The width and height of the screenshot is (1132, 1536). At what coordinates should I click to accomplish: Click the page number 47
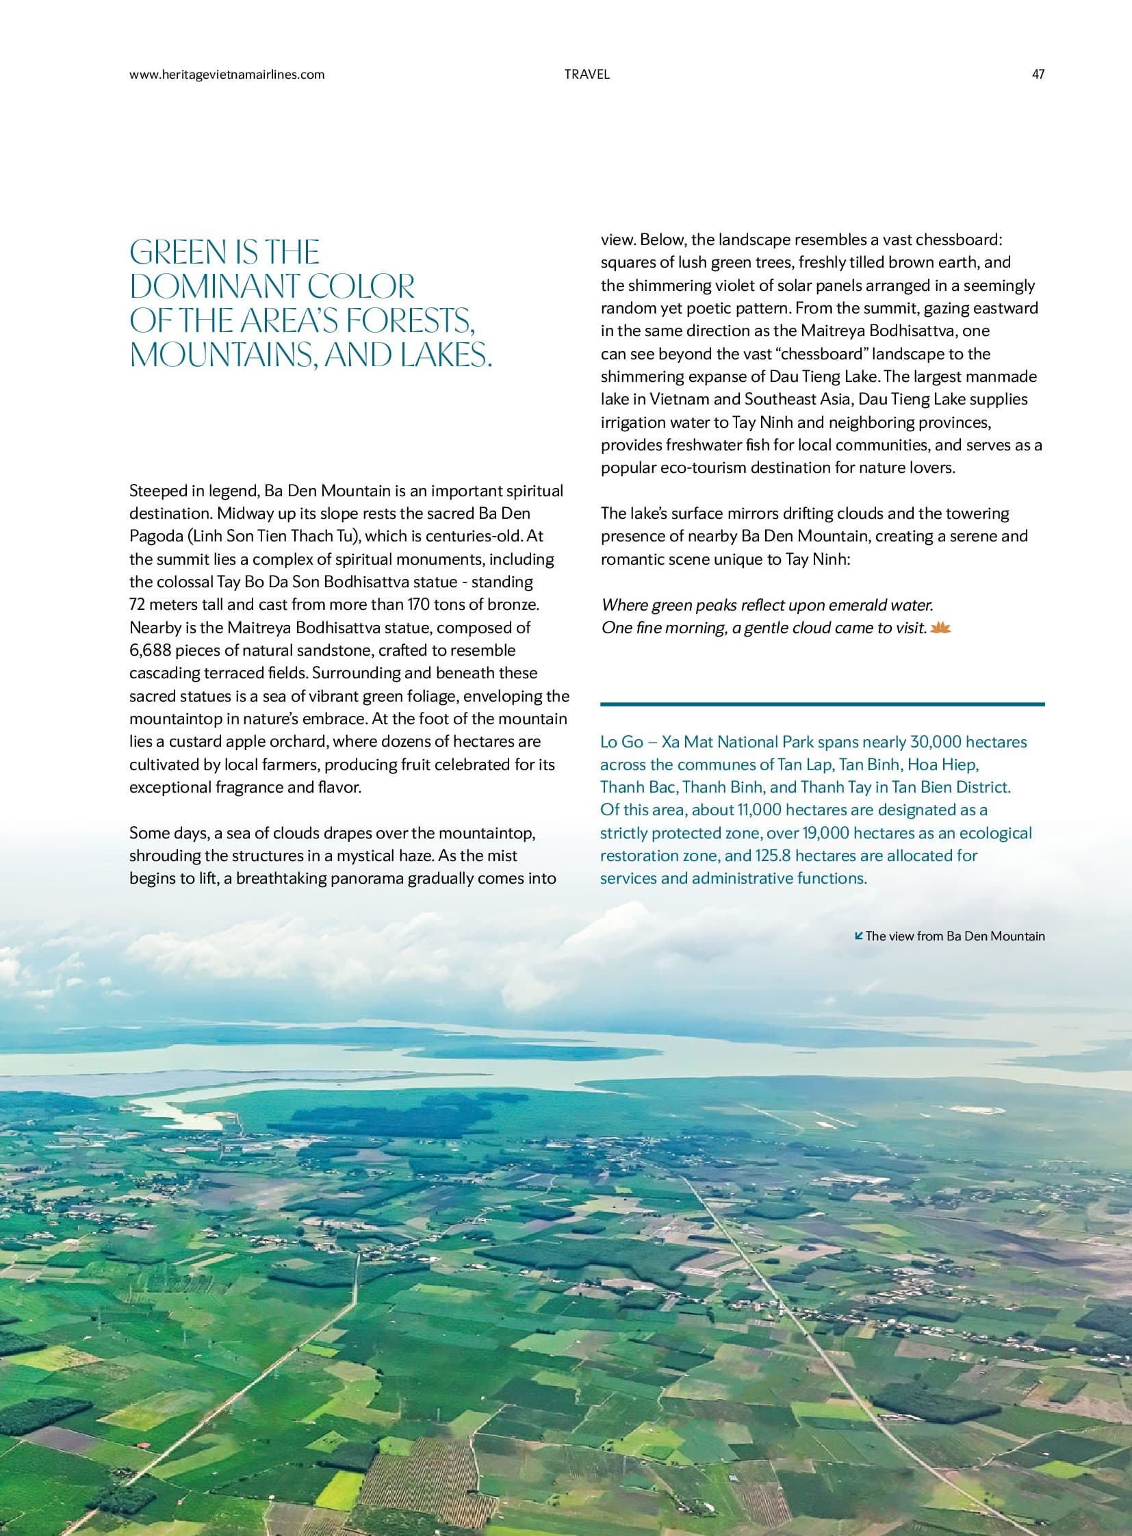pyautogui.click(x=1038, y=75)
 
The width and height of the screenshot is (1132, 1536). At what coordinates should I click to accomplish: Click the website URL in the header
pyautogui.click(x=227, y=75)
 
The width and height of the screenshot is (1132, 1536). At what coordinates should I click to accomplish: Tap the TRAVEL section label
pyautogui.click(x=587, y=75)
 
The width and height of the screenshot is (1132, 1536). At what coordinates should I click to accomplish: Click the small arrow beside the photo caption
pyautogui.click(x=860, y=935)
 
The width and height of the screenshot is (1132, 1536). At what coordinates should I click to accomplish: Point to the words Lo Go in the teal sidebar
pyautogui.click(x=619, y=741)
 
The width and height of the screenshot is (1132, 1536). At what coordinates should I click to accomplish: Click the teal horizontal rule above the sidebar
pyautogui.click(x=822, y=704)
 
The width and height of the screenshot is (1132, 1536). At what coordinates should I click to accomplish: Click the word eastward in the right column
pyautogui.click(x=1008, y=308)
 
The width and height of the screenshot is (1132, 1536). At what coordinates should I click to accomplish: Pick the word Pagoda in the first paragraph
pyautogui.click(x=152, y=536)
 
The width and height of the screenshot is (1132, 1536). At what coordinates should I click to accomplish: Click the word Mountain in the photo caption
pyautogui.click(x=1020, y=936)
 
